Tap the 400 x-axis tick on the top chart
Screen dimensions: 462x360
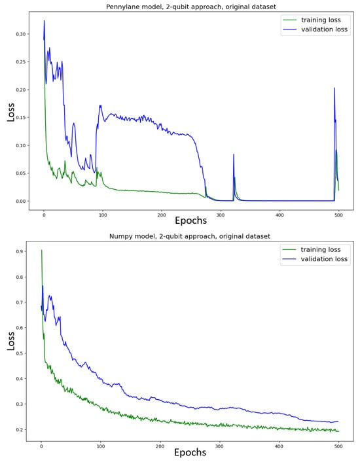coord(279,215)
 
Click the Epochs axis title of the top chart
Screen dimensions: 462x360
coord(191,221)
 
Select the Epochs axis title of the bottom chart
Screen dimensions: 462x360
coord(191,452)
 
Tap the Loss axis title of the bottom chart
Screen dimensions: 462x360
coord(10,340)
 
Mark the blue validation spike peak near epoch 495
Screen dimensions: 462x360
coord(334,88)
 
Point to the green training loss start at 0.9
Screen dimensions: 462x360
coord(41,250)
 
